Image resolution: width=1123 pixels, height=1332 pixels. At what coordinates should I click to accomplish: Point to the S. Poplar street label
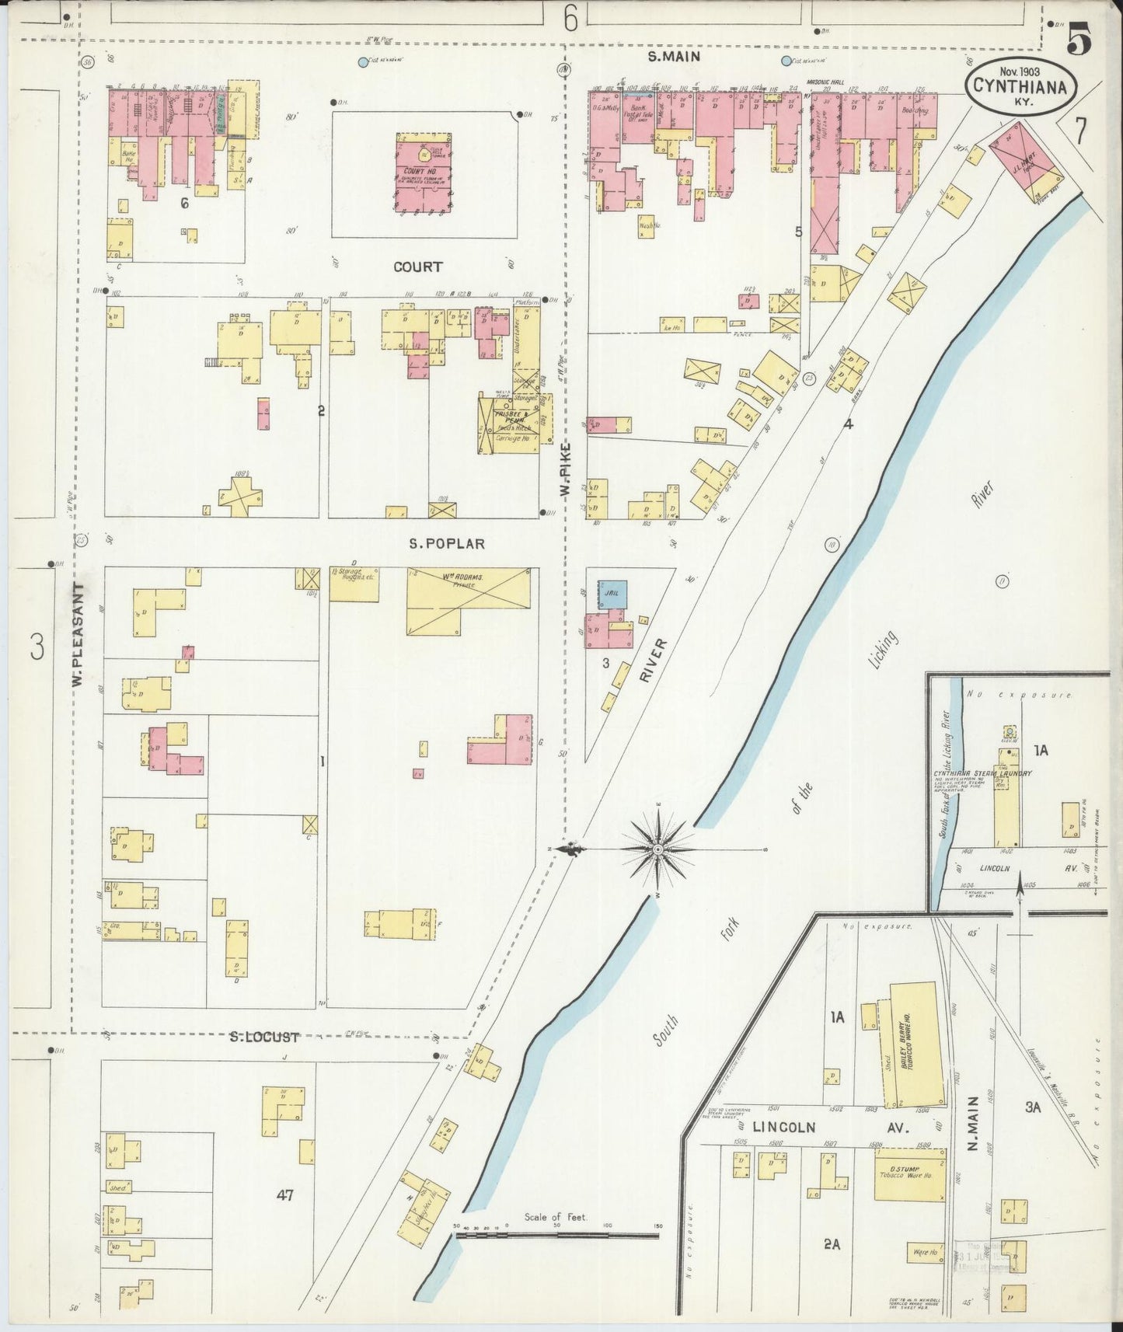click(446, 544)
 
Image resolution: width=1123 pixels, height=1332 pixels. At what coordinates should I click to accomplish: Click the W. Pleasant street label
click(78, 635)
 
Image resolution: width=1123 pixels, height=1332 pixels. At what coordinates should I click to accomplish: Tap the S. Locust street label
click(264, 1037)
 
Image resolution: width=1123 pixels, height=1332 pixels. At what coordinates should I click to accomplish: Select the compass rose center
click(657, 849)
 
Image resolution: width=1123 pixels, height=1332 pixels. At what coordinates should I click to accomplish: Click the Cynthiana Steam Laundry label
click(982, 773)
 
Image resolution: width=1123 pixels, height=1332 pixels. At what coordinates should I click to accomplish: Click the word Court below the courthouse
click(417, 267)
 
